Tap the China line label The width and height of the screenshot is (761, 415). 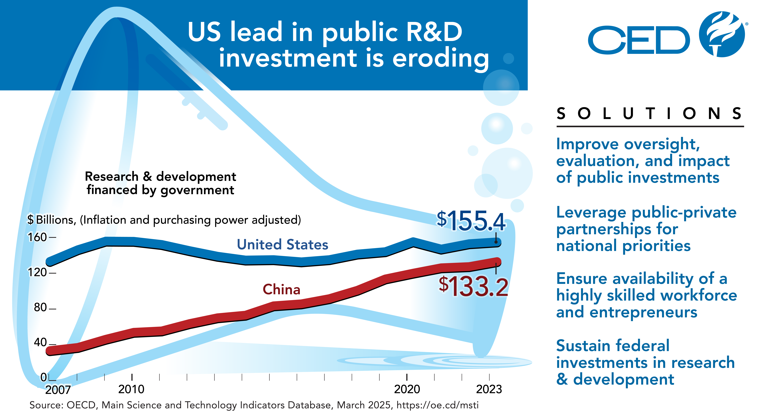click(281, 289)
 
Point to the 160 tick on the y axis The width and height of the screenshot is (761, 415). click(38, 237)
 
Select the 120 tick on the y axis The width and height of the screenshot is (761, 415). click(38, 272)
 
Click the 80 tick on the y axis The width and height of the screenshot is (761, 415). click(40, 308)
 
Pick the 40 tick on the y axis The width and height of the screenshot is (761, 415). click(40, 342)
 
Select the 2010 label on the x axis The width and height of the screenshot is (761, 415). click(131, 389)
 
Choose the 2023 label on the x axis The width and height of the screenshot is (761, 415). click(489, 389)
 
